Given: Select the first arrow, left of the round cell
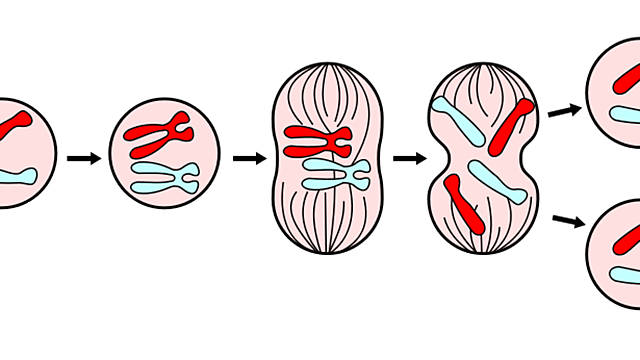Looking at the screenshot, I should pos(84,158).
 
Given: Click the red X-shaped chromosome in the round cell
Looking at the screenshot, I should pos(158,132).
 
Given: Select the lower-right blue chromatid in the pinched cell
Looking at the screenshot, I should pos(499,182).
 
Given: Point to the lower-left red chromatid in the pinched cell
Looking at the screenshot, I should pos(463,200).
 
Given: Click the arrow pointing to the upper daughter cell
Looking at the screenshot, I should pos(565,109).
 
